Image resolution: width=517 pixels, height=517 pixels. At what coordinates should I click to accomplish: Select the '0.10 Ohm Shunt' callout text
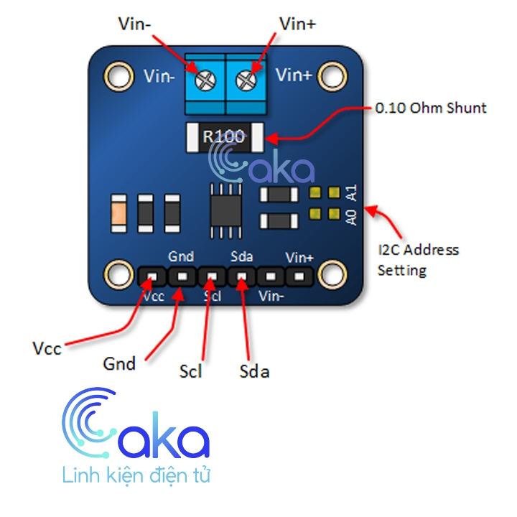coord(431,108)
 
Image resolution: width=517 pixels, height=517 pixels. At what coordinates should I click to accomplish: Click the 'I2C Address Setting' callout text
coord(418,260)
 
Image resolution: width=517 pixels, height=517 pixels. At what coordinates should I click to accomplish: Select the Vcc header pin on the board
coord(151,276)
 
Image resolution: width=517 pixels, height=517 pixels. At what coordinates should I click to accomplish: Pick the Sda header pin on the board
coord(242,276)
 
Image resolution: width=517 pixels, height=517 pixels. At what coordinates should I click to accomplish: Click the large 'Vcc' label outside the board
coord(47,348)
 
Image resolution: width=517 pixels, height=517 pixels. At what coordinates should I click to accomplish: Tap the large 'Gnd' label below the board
coord(120,363)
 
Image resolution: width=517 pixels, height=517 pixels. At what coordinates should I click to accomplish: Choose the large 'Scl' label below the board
coord(190,371)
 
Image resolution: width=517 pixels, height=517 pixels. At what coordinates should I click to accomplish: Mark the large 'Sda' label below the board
coord(253,371)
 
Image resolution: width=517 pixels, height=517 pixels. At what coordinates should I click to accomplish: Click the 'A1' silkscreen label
coord(351,192)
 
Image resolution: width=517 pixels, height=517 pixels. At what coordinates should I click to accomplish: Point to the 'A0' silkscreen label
coord(351,216)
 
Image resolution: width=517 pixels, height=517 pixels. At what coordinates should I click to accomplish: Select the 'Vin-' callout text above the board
coord(135,22)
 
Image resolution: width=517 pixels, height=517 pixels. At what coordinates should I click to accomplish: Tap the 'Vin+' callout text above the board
coord(297,22)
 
